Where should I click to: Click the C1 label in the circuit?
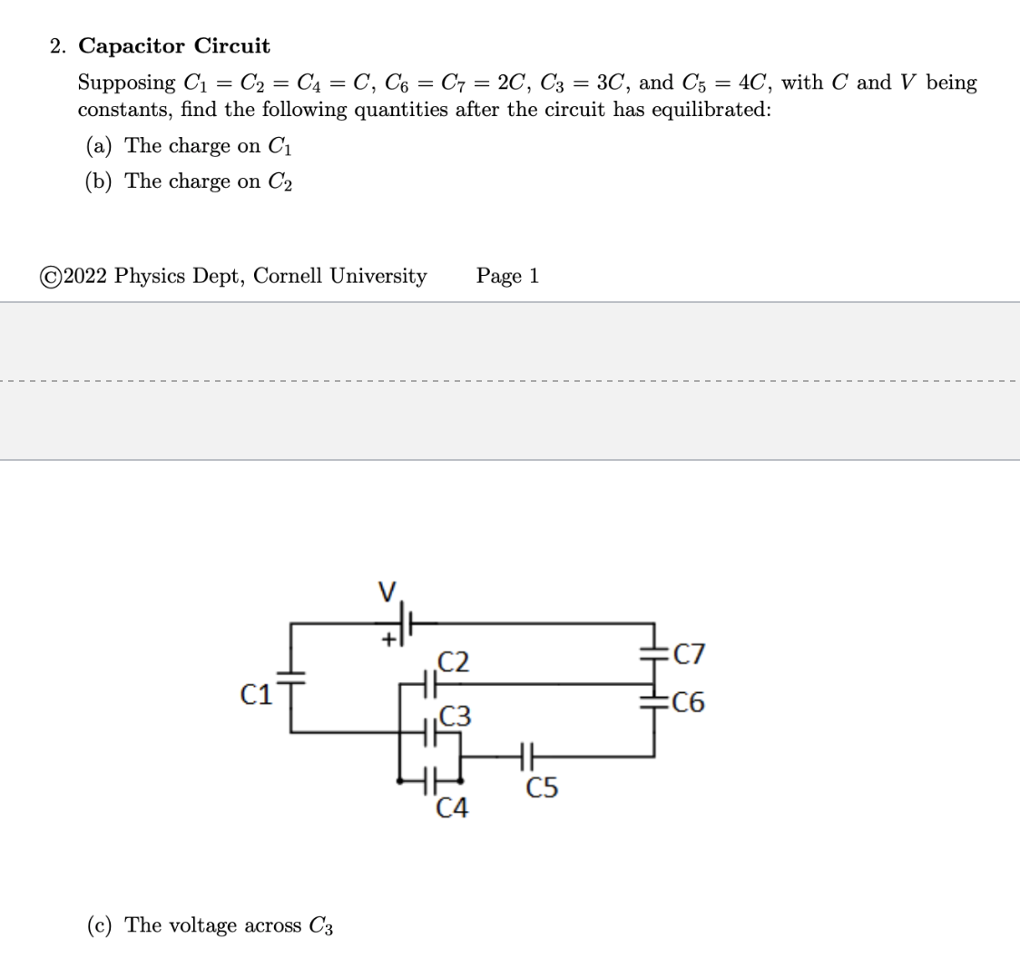pyautogui.click(x=256, y=696)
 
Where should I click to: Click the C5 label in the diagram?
pyautogui.click(x=543, y=788)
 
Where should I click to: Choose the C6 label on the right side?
pyautogui.click(x=687, y=703)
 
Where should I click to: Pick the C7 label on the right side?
pyautogui.click(x=687, y=654)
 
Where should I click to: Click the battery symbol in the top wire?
pyautogui.click(x=407, y=623)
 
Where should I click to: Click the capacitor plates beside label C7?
pyautogui.click(x=653, y=652)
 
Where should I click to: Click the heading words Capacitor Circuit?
pyautogui.click(x=174, y=45)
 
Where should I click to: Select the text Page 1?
pyautogui.click(x=507, y=276)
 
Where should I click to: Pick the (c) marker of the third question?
pyautogui.click(x=101, y=925)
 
